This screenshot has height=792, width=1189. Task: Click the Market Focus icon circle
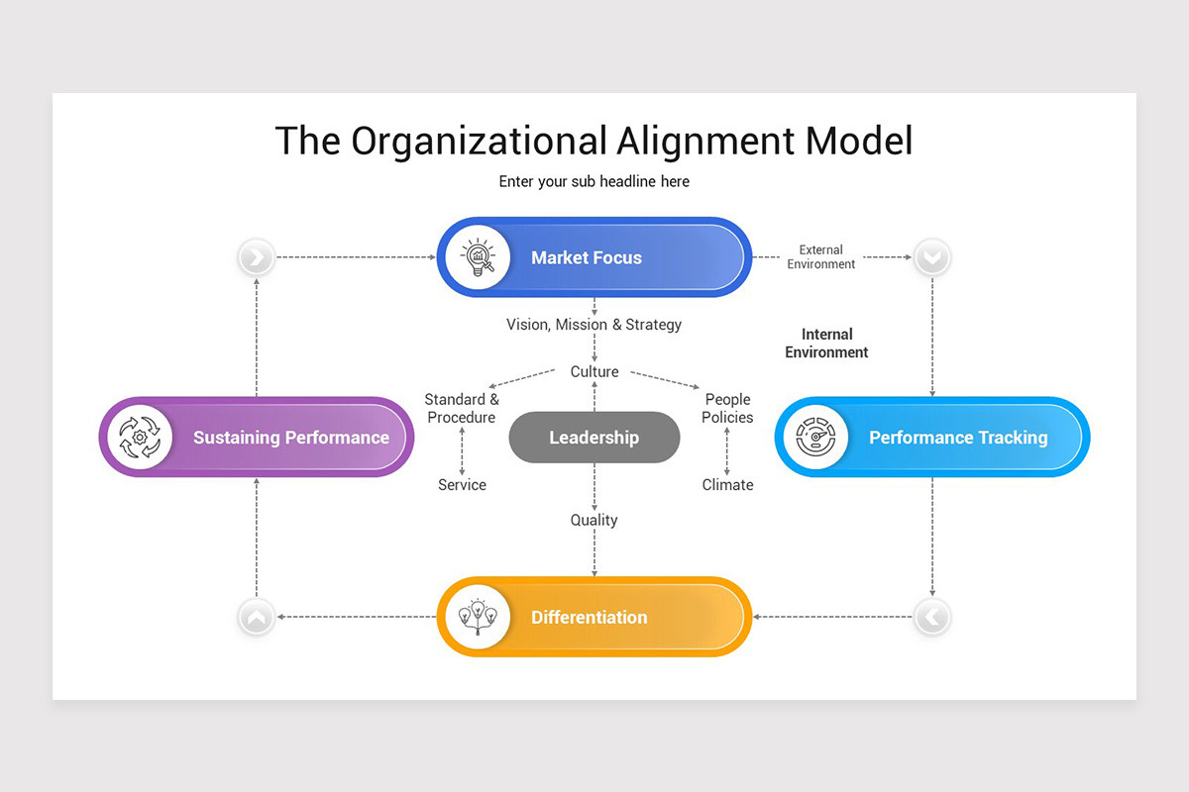478,257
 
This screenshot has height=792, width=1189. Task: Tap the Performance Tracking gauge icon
815,437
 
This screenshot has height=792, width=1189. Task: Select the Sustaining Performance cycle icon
140,437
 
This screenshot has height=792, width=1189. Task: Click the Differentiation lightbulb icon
478,617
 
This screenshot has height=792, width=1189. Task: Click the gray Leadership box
594,438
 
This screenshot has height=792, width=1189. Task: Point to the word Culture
594,372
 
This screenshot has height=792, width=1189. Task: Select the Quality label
594,520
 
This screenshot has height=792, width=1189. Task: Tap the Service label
462,485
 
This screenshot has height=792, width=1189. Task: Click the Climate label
727,485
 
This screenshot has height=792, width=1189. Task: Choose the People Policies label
727,409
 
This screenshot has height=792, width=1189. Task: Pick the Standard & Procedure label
462,409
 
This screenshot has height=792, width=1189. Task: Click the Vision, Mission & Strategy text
594,325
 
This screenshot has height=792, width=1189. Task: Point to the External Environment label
820,257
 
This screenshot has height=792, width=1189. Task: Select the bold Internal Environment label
826,344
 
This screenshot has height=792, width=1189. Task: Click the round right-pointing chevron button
257,258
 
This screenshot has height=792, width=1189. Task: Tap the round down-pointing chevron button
931,258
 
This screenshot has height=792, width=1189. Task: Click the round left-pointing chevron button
931,618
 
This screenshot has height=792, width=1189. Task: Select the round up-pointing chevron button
257,618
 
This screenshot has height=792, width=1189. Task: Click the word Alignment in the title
705,142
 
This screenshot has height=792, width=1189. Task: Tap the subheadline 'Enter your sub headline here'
594,182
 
